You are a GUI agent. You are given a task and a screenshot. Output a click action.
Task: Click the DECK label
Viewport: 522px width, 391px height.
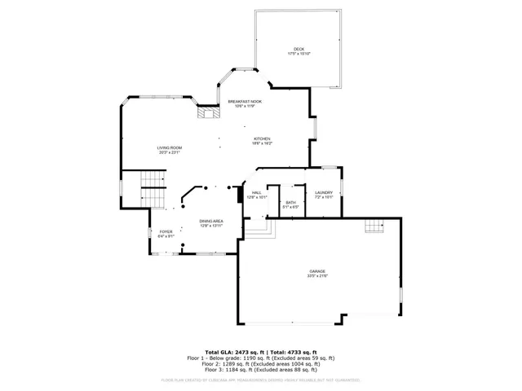coord(299,49)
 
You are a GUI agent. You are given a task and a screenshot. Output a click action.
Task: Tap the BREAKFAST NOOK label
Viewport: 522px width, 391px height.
coord(245,101)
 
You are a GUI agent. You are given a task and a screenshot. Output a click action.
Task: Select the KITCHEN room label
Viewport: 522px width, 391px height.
coord(262,139)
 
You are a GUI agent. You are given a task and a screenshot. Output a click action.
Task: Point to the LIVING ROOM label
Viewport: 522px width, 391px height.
coord(170,147)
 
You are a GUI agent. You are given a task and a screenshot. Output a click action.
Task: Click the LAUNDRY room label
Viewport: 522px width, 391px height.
coord(324,192)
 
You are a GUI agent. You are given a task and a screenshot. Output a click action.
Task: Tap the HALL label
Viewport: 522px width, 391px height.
coord(257,192)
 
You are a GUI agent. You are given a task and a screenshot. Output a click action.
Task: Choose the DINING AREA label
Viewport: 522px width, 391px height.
coord(211,221)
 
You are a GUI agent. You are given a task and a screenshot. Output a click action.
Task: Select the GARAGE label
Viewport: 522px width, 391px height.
coord(317,270)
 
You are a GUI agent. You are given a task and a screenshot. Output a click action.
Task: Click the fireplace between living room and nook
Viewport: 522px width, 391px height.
coord(208,114)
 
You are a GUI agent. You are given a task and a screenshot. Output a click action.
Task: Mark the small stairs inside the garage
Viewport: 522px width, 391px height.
coord(374,226)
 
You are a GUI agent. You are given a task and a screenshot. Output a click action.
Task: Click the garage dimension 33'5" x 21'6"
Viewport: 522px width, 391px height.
coord(317,275)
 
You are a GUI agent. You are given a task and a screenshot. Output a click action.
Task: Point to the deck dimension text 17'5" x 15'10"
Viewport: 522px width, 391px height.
coord(299,54)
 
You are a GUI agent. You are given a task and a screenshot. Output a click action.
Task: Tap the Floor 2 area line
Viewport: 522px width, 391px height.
coord(261,363)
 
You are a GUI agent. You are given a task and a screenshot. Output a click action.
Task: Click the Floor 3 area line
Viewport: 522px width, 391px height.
coord(261,369)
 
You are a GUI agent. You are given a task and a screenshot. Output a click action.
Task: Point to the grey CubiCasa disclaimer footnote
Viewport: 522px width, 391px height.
coord(261,380)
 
